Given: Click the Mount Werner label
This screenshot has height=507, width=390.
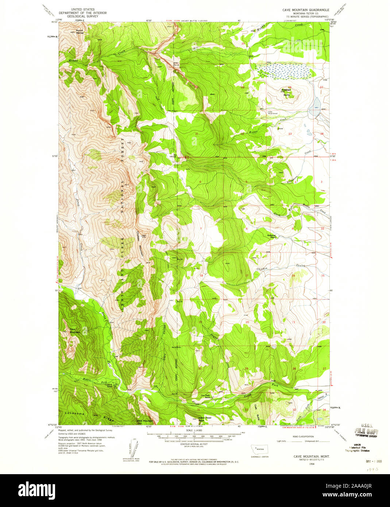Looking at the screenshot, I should [80, 31].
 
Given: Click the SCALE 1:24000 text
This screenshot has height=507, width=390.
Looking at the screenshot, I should [193, 430].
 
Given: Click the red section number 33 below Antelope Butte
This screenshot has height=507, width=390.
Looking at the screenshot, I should [290, 134].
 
